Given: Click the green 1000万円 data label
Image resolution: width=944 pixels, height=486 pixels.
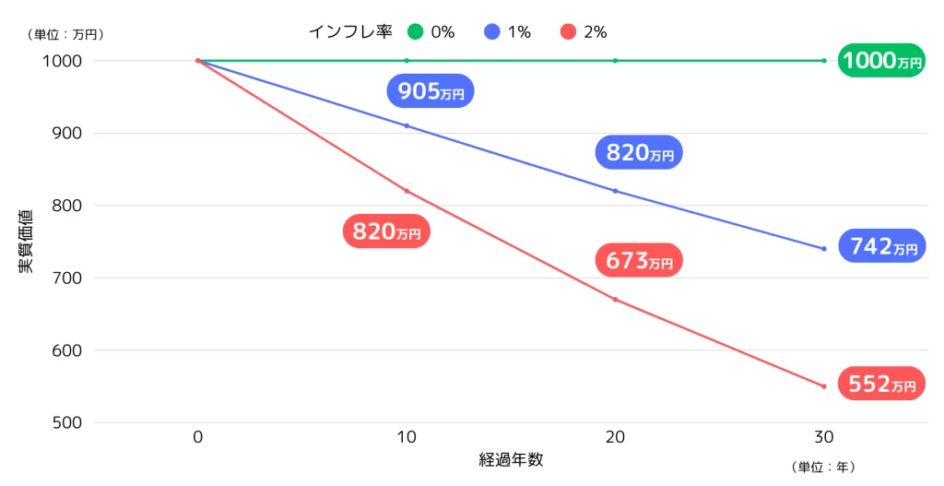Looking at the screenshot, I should click(x=881, y=61).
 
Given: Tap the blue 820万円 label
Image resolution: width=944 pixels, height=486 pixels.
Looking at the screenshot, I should click(x=640, y=153).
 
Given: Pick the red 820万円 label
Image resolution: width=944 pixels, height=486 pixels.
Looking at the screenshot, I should click(x=386, y=231).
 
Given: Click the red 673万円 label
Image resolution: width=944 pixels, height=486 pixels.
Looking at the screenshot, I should click(x=640, y=261).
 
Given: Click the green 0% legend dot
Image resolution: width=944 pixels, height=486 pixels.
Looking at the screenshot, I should click(x=415, y=32).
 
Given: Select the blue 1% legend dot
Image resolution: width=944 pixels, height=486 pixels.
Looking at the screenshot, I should click(x=491, y=32).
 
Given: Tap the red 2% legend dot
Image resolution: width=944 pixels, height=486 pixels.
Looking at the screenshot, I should click(x=567, y=32).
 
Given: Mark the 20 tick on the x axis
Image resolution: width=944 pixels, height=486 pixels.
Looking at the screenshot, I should click(x=615, y=437).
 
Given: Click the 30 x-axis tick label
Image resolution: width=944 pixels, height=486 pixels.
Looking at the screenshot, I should click(x=823, y=437).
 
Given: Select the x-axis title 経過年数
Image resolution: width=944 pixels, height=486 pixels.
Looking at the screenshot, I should click(x=511, y=459).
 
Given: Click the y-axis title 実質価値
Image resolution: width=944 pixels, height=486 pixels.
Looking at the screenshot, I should click(x=26, y=242).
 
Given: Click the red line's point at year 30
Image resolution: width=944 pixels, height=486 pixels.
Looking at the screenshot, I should click(x=823, y=386).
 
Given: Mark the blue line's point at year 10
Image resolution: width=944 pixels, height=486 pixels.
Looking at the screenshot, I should click(x=407, y=125).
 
